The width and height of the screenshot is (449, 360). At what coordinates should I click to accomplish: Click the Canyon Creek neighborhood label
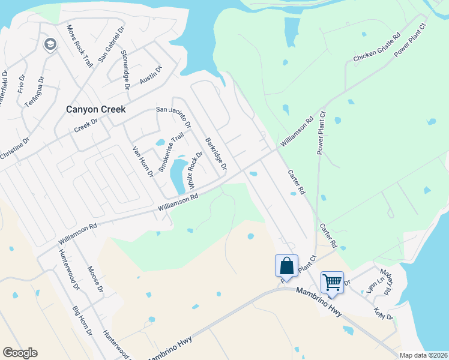click(x=95, y=109)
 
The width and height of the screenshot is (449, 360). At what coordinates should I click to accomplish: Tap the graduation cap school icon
click(x=50, y=44)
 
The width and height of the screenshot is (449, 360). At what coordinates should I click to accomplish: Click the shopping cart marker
click(x=332, y=281)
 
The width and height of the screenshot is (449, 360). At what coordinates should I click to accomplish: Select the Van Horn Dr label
click(x=143, y=161)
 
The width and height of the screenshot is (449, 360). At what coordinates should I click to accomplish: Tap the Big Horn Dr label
click(x=82, y=320)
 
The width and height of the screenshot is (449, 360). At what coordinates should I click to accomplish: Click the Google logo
click(x=20, y=353)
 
